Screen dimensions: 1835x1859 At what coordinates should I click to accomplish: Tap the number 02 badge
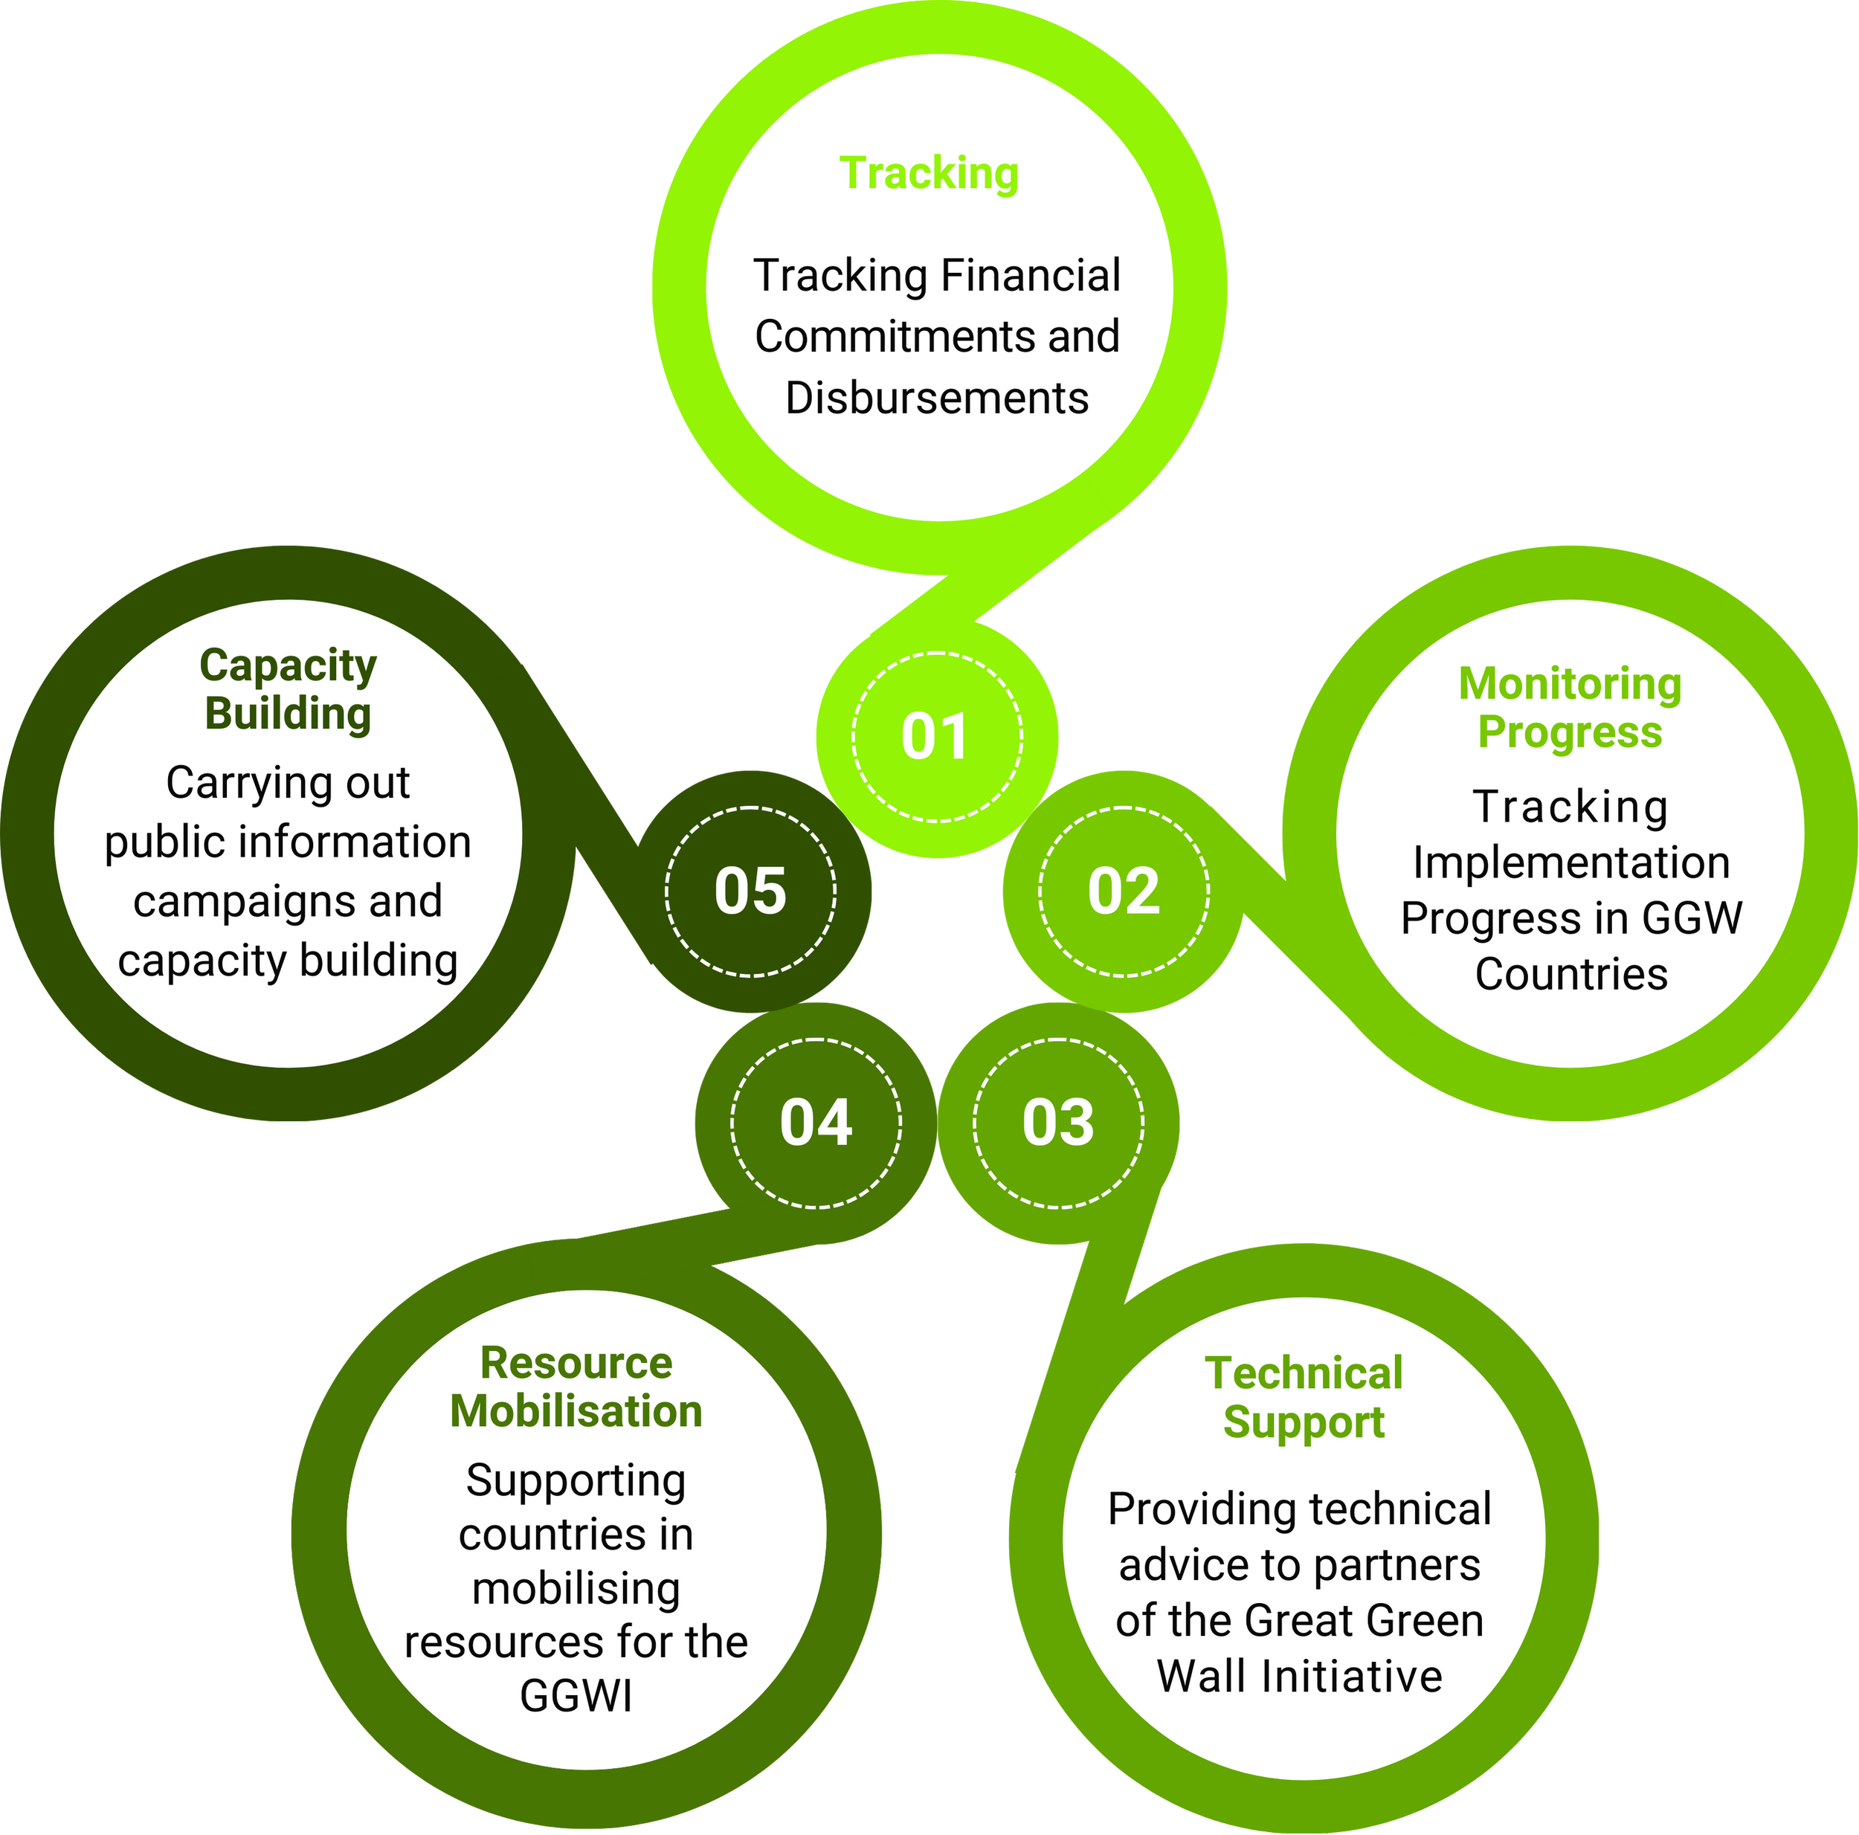[1123, 891]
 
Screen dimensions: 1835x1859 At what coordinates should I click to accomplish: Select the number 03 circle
[1057, 1122]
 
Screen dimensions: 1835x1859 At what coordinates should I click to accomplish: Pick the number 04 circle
[816, 1122]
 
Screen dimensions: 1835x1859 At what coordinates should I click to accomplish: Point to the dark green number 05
[750, 891]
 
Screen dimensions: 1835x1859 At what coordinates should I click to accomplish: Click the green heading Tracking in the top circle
[929, 174]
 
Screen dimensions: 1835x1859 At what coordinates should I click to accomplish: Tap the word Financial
[1031, 276]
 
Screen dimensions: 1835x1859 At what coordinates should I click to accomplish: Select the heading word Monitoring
[1570, 684]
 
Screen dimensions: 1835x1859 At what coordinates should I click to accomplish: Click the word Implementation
[1570, 863]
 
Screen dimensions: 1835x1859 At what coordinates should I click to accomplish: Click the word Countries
[1570, 975]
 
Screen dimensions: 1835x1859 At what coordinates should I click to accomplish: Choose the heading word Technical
[1303, 1373]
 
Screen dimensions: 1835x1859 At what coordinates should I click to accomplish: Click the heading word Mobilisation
[576, 1412]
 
